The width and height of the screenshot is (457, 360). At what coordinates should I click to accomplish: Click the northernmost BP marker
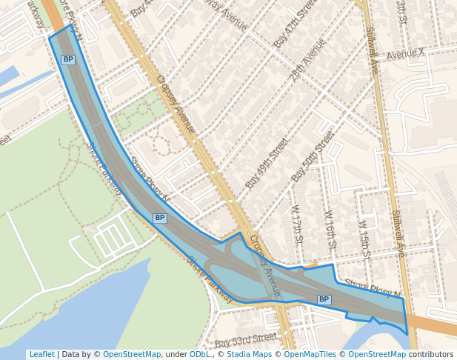point(68,59)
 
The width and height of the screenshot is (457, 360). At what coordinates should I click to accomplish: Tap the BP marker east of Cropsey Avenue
point(324,299)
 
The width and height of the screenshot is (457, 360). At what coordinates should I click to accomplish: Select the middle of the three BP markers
point(160,218)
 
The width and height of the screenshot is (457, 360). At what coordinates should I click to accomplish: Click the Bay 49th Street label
point(267,163)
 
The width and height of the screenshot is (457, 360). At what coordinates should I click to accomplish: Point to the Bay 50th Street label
point(313,156)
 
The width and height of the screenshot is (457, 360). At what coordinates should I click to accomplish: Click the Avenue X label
point(405,53)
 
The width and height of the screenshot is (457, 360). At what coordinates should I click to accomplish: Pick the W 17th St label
point(297,225)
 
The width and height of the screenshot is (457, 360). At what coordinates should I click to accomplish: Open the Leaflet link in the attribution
point(41,354)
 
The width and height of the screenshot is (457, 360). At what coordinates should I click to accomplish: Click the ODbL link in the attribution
point(200,354)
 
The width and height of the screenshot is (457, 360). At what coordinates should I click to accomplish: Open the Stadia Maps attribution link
point(249,354)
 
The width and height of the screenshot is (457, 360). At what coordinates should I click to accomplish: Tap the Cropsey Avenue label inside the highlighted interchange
point(266,267)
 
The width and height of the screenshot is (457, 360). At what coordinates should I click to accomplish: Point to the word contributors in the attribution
point(430,354)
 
